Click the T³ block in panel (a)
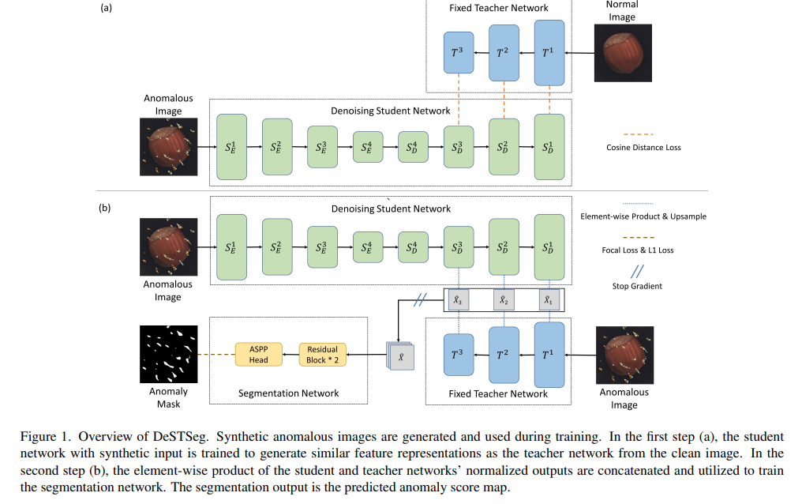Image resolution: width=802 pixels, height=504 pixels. pos(459,53)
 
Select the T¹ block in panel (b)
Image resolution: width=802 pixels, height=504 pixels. pos(549,353)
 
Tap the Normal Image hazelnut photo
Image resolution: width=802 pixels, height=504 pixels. pos(624,52)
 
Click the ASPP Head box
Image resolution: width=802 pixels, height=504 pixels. pos(258,354)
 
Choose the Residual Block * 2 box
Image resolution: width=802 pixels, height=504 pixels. pos(322,354)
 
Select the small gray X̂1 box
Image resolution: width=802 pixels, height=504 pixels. pos(549,300)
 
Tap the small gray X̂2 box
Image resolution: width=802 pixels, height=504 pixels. pos(504,300)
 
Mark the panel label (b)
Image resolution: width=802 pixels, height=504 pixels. pos(105,209)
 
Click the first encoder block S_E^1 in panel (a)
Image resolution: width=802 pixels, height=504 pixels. pos(231,146)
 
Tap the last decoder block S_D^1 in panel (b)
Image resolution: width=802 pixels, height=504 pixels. pos(549,246)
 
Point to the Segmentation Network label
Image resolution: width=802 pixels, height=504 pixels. pos(288,393)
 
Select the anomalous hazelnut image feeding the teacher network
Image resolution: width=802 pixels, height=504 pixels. pos(624,355)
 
